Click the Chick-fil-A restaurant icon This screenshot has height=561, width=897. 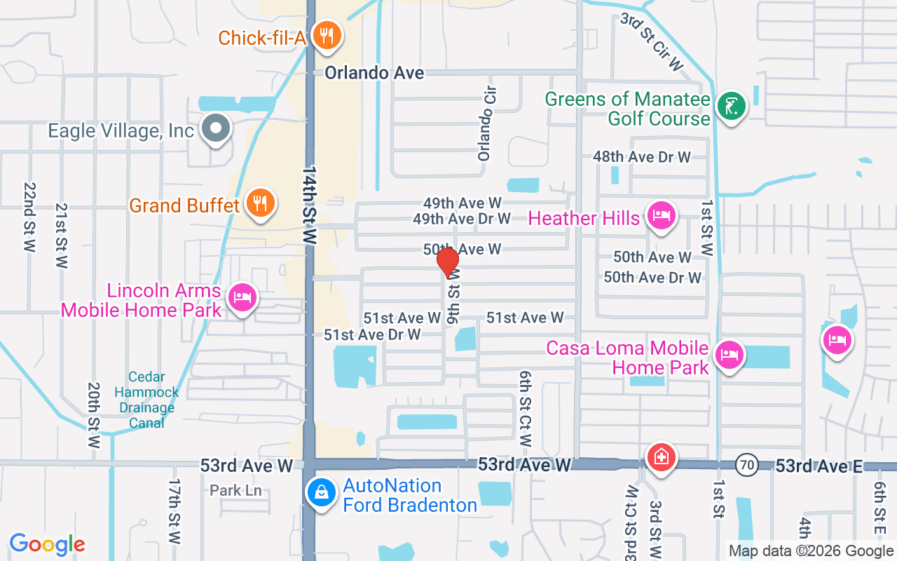click(326, 34)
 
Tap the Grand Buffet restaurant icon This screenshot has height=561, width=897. click(261, 203)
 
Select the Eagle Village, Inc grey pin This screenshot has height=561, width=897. click(216, 128)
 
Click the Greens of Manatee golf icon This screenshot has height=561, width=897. click(732, 107)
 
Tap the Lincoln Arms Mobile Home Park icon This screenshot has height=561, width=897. click(242, 298)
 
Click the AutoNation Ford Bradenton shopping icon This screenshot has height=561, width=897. click(321, 492)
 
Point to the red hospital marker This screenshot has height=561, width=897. click(660, 458)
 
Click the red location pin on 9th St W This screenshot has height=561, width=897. click(448, 262)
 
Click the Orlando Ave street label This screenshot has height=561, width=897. click(374, 73)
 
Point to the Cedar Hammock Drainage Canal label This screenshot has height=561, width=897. click(147, 400)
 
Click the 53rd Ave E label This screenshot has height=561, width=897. click(819, 466)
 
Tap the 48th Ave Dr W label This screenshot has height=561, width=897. click(641, 157)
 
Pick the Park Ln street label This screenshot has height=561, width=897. click(235, 490)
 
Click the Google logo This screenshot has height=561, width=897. click(47, 544)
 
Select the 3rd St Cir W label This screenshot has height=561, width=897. click(652, 42)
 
